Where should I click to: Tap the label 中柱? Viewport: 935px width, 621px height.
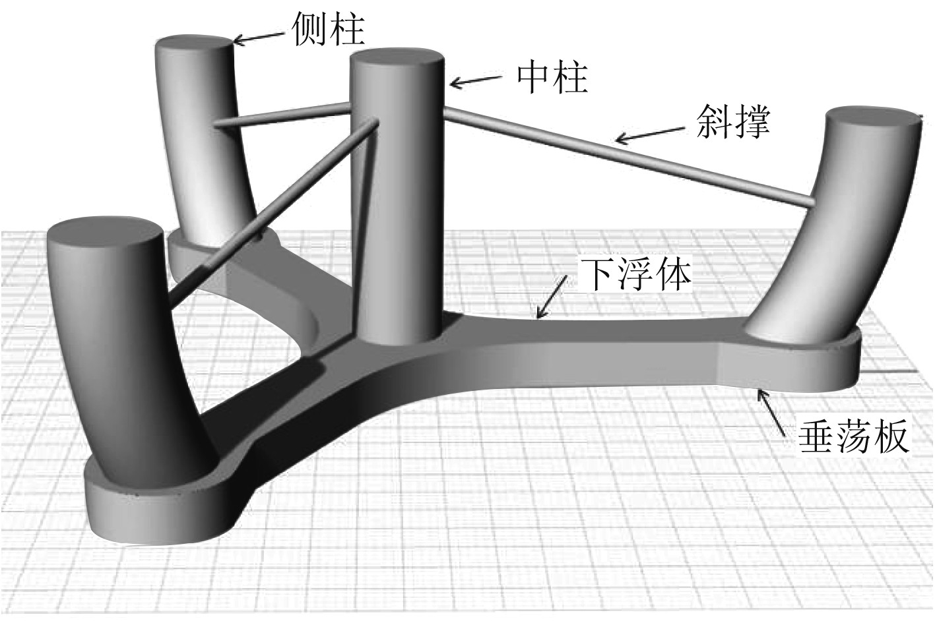(x=552, y=78)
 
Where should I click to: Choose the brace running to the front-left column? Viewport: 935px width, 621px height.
(x=271, y=211)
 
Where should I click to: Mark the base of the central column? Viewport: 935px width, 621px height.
(x=396, y=336)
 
